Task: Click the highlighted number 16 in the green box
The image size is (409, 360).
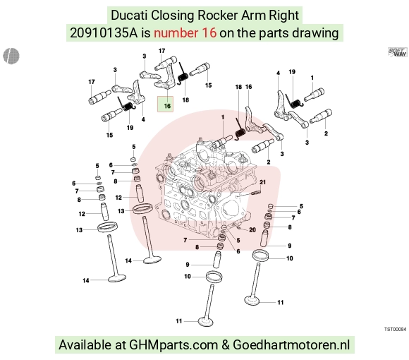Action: (167, 106)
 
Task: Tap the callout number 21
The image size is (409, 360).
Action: (262, 182)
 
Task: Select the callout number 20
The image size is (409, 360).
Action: (252, 229)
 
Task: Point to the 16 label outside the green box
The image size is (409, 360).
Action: (249, 87)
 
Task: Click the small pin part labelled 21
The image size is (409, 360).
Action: (257, 193)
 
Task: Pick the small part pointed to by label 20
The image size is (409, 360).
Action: (240, 228)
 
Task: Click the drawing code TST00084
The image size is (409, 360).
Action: (395, 329)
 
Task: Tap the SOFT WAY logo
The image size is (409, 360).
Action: (398, 52)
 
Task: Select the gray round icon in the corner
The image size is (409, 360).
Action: (11, 56)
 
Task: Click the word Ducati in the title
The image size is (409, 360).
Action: (129, 15)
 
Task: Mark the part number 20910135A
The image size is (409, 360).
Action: (104, 33)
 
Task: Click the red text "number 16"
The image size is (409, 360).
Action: (185, 33)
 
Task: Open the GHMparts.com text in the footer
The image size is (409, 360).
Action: (173, 345)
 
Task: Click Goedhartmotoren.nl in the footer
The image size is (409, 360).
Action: (291, 344)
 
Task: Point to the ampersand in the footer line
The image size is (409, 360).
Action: (226, 345)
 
